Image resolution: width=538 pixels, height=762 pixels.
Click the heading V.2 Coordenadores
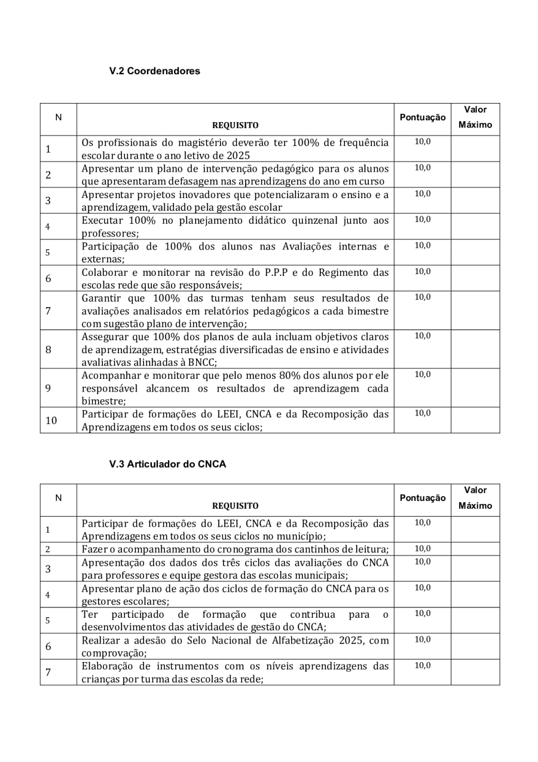point(154,71)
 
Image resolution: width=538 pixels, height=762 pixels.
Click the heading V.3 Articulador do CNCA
point(167,464)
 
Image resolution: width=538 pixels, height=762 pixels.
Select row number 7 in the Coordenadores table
point(48,310)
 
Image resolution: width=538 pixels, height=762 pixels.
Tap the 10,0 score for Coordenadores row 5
point(422,245)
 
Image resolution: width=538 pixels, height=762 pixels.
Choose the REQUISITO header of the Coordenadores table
point(236,126)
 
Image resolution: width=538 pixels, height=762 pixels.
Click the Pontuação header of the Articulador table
point(422,497)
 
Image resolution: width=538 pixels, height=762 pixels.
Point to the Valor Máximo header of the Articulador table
point(475,497)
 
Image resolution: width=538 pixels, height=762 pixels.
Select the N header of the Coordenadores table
point(58,117)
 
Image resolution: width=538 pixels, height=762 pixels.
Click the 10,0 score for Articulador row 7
point(422,666)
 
